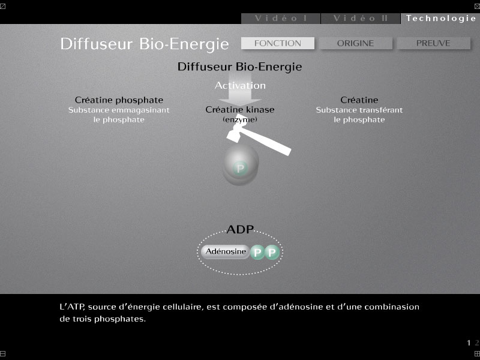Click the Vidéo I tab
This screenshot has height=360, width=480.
point(281,19)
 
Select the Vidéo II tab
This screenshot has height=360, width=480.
point(361,19)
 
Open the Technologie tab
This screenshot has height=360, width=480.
point(440,19)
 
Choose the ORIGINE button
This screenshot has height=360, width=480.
point(355,43)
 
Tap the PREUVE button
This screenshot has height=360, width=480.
point(433,43)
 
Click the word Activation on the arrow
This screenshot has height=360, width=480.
point(240,85)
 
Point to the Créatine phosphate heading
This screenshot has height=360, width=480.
point(119,100)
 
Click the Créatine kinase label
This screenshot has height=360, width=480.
point(239,110)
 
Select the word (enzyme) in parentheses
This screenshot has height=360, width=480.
point(239,119)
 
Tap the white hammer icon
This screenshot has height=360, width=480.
point(259,139)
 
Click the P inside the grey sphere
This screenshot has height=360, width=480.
point(240,169)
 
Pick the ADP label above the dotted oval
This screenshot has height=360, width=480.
point(240,229)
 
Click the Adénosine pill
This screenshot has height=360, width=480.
point(226,251)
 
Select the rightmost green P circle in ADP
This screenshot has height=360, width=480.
point(272,253)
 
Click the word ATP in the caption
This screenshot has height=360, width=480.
point(74,307)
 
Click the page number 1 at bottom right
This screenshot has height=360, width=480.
point(469,343)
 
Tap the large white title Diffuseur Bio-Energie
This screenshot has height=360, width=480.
point(145,44)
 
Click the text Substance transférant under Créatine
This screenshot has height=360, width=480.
point(359,110)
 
